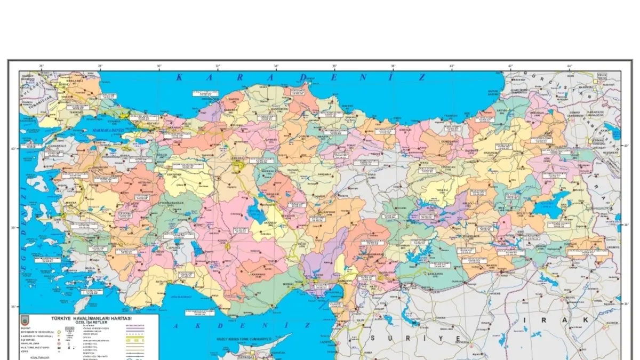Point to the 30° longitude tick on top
pos(159,67)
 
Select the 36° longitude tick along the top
pos(334,67)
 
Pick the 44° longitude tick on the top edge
pos(569,67)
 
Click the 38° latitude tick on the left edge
pos(14,227)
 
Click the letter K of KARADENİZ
pos(179,77)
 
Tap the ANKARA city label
pos(237,158)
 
